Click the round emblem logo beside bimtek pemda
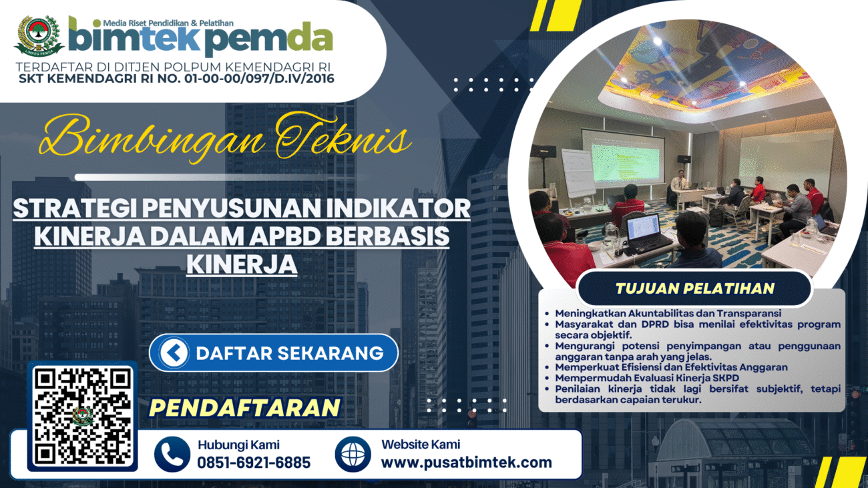point(39,35)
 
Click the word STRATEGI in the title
point(75,208)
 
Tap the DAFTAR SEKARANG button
point(274,353)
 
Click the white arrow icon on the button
point(174,353)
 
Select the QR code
point(83,416)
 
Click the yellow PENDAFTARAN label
point(244,407)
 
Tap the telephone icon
point(172,455)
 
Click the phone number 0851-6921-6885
point(254,463)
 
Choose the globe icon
point(353,455)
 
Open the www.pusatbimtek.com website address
point(467,463)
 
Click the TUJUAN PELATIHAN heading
point(695,288)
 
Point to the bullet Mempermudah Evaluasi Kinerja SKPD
point(647,378)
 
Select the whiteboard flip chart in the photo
point(578,172)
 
